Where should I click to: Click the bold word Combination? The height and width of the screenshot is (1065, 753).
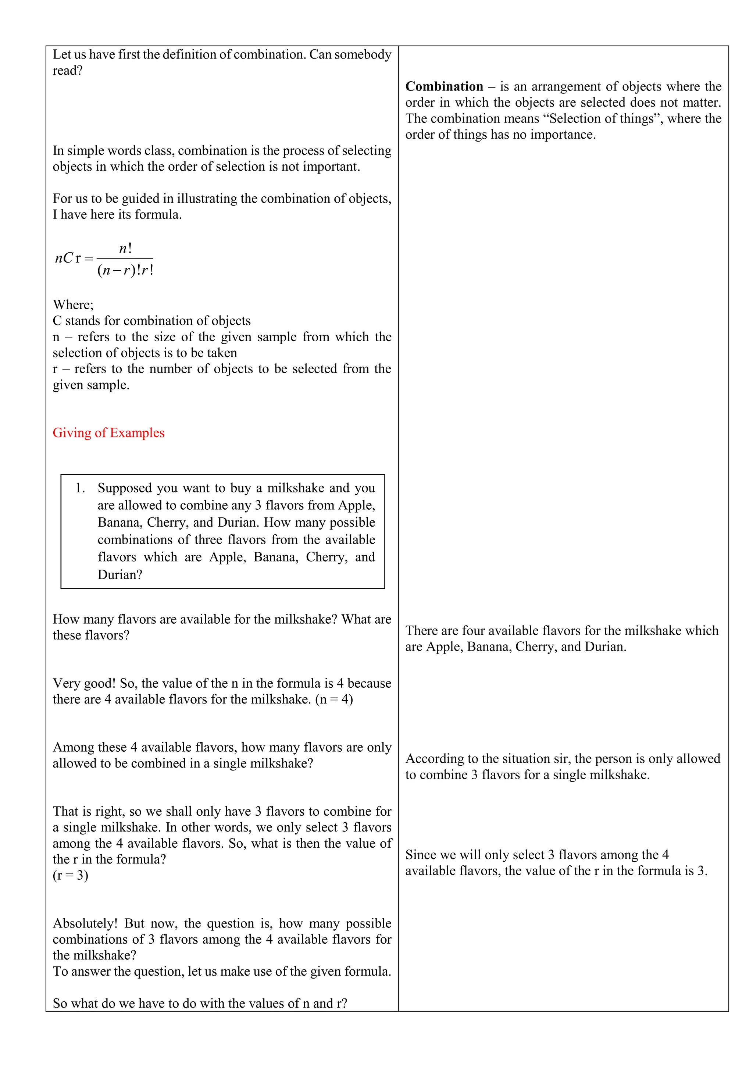coord(444,87)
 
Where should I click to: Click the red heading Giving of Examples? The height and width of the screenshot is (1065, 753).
coord(108,433)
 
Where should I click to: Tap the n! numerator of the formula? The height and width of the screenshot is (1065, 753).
coord(125,249)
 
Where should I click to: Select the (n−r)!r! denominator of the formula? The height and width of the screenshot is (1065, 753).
coord(125,270)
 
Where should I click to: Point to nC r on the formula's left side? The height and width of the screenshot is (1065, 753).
coord(68,259)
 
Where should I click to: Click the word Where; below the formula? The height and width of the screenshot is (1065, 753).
coord(73,305)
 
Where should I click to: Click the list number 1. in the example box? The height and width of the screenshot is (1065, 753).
coord(80,488)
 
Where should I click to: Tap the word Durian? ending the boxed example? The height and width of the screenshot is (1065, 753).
coord(119,575)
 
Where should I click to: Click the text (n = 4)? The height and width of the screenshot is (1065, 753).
coord(334,699)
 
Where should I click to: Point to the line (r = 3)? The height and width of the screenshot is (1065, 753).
coord(71,875)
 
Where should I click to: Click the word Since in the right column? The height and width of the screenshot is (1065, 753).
coord(421,855)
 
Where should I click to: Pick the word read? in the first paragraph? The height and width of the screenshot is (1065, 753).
coord(67,71)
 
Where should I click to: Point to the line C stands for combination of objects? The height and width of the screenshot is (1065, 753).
coord(151,321)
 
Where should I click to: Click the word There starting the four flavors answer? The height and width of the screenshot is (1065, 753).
coord(421,631)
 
